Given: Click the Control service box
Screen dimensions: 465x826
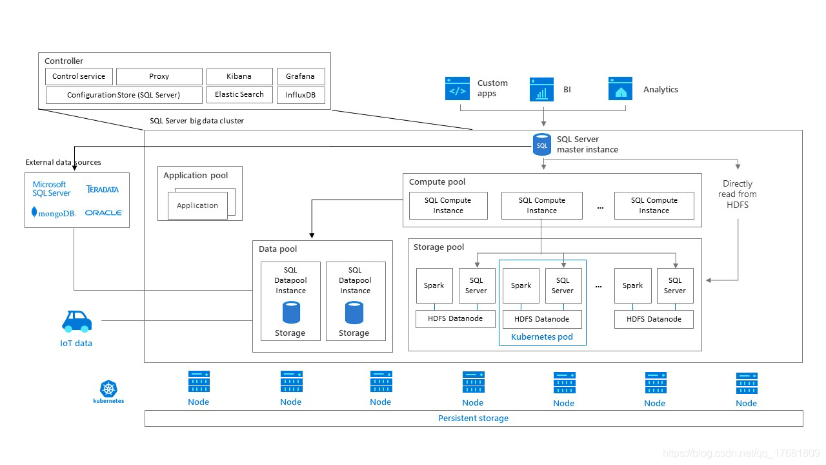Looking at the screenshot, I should pos(79,76).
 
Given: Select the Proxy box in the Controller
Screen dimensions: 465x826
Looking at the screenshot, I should pos(159,76).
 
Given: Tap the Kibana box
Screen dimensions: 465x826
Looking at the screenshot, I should pos(239,76).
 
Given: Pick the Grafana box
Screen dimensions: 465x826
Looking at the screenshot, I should pos(300,76).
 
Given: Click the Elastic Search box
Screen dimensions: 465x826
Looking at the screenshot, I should pos(239,94).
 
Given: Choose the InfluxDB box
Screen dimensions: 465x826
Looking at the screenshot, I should pos(300,95).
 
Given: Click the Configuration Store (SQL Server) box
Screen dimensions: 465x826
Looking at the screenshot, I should pos(123,95).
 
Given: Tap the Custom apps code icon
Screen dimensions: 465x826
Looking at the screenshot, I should pos(458,88).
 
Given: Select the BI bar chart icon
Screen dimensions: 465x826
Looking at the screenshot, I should pos(541,89).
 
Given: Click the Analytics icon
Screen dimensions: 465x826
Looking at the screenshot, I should pos(620,89).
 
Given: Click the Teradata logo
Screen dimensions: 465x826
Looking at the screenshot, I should pos(103,189).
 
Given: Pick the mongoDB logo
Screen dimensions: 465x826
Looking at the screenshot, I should pos(54,212).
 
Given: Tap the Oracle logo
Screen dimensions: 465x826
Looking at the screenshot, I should pos(103,212).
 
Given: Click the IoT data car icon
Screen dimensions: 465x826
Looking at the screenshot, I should pos(76,321).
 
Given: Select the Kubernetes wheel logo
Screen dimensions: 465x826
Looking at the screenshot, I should pos(108,388).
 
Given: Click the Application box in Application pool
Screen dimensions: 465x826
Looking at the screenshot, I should pos(197,205).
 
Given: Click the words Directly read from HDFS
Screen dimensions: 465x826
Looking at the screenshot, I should pos(738,194).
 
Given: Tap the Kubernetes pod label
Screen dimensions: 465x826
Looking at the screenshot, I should pos(542,336).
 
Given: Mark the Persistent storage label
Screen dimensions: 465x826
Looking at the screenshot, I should pos(473,418).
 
